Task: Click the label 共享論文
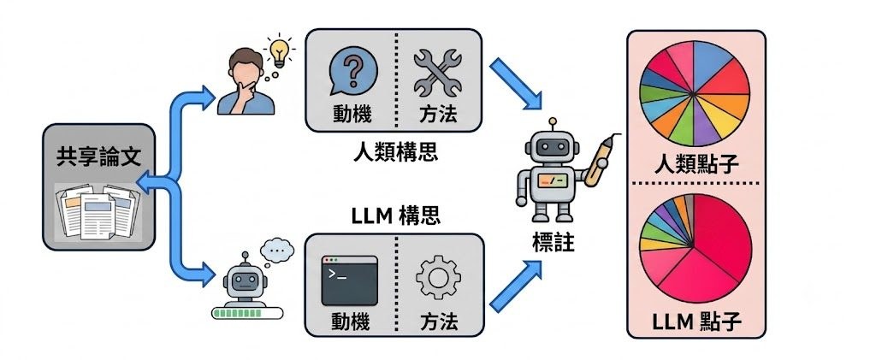(98, 157)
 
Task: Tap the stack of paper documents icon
(98, 212)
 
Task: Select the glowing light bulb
(278, 53)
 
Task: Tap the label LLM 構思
(396, 215)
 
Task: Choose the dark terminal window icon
(350, 280)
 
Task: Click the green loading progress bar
(247, 313)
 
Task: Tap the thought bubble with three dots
(277, 250)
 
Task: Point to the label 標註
(553, 242)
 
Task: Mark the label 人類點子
(696, 164)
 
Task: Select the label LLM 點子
(696, 322)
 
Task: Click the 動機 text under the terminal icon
(350, 322)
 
